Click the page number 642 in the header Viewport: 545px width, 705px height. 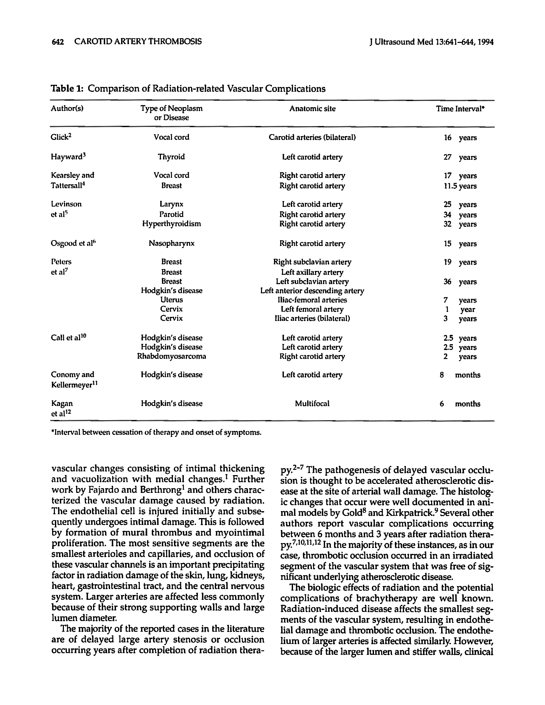tap(58, 42)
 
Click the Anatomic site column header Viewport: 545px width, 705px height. tap(312, 109)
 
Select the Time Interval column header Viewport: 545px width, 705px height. tap(460, 109)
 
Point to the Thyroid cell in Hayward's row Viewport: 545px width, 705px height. tap(171, 157)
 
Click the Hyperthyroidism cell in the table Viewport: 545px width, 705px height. tap(171, 224)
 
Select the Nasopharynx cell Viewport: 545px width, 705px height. tap(171, 243)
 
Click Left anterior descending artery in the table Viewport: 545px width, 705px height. tap(312, 291)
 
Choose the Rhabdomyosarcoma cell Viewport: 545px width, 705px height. tap(171, 356)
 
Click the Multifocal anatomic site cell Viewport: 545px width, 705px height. tap(312, 404)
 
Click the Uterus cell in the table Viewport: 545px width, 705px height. tap(171, 300)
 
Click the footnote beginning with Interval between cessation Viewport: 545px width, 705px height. tap(156, 432)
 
